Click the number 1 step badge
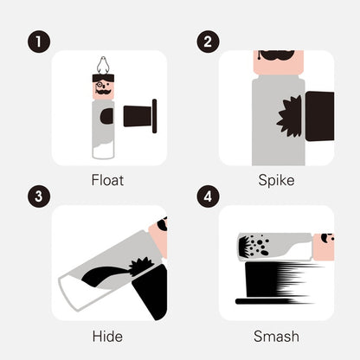tap(39, 42)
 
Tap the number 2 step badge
tap(208, 42)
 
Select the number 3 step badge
tap(39, 196)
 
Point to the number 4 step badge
tap(208, 196)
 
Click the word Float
tap(107, 180)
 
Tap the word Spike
tap(276, 180)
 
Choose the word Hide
tap(107, 337)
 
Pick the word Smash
tap(276, 337)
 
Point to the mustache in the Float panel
tap(103, 92)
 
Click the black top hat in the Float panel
tap(140, 116)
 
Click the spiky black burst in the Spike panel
tap(290, 117)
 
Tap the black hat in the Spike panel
tap(319, 116)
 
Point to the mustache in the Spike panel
tap(278, 55)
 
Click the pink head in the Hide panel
tap(158, 237)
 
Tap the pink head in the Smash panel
tap(324, 247)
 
